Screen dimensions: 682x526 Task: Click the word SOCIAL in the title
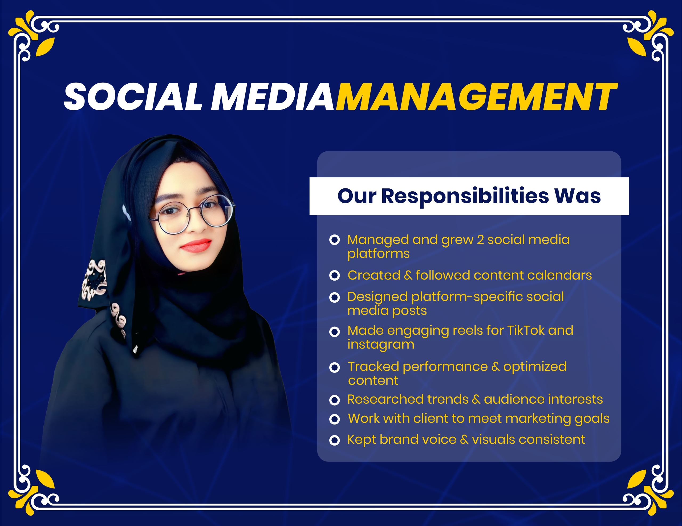click(133, 96)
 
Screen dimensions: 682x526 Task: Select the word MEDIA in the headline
click(272, 96)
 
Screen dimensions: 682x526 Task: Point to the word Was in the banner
click(577, 196)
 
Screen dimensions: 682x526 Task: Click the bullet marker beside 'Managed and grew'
click(334, 240)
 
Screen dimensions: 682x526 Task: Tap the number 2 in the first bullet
click(480, 240)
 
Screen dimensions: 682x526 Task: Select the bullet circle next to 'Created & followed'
click(334, 276)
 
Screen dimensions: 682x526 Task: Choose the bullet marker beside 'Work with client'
click(334, 419)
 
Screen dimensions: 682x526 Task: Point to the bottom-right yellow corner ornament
click(651, 492)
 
